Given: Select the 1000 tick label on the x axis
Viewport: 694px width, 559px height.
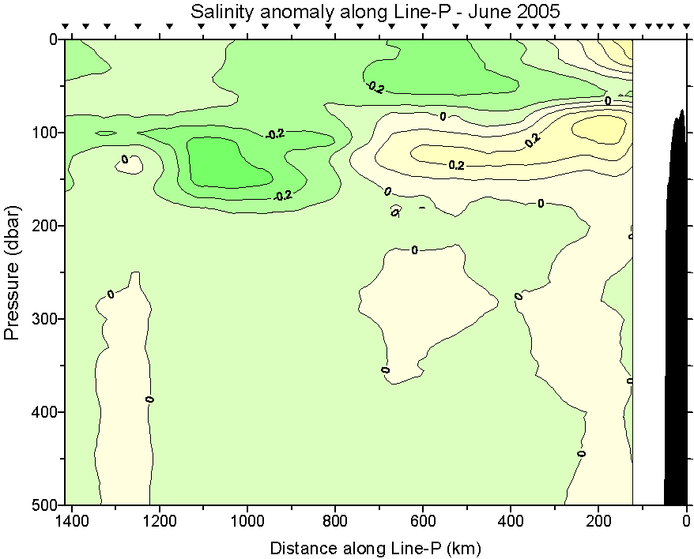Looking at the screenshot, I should coord(247,521).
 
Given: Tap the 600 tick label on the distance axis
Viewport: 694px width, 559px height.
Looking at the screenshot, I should coord(423,521).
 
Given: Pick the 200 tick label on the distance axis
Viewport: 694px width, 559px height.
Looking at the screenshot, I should coord(598,521).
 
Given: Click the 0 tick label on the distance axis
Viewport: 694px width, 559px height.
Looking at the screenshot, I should coord(686,521).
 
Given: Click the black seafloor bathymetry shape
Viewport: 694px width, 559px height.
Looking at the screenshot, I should coord(676,316).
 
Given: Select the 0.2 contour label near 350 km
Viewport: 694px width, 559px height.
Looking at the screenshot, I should coord(532,141).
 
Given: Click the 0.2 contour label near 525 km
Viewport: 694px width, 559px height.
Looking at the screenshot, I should coord(456,166).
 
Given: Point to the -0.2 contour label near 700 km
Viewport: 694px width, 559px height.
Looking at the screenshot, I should coord(375,88).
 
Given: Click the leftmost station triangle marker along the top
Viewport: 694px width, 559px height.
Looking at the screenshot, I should coord(66,27).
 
